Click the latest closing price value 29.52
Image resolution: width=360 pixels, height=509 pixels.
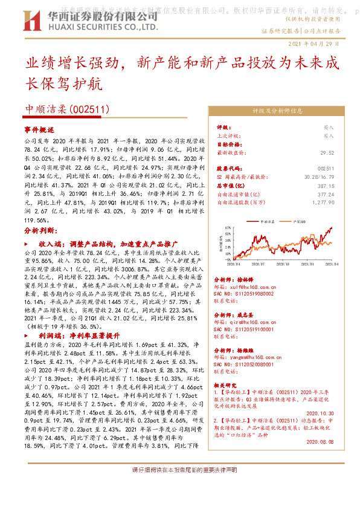(x=327, y=153)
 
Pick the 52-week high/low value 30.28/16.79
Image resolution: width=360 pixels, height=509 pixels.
(x=320, y=177)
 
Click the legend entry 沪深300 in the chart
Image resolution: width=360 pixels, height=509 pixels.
(x=298, y=222)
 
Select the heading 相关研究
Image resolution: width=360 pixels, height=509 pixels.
(x=228, y=384)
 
